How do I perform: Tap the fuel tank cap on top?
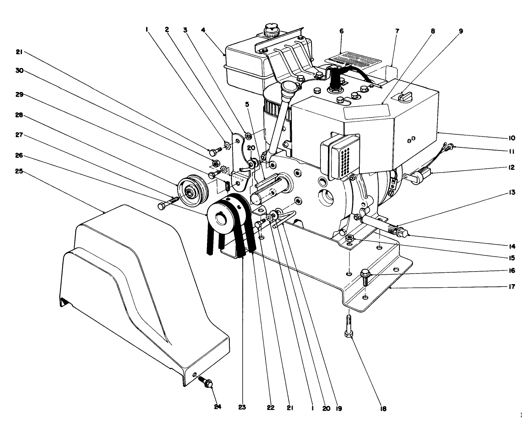pos(271,30)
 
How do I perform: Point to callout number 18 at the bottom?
pos(383,409)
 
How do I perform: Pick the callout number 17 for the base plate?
pos(511,287)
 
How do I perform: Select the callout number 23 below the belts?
pos(242,408)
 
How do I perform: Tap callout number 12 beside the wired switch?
pos(511,167)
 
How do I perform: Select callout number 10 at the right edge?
pos(511,138)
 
